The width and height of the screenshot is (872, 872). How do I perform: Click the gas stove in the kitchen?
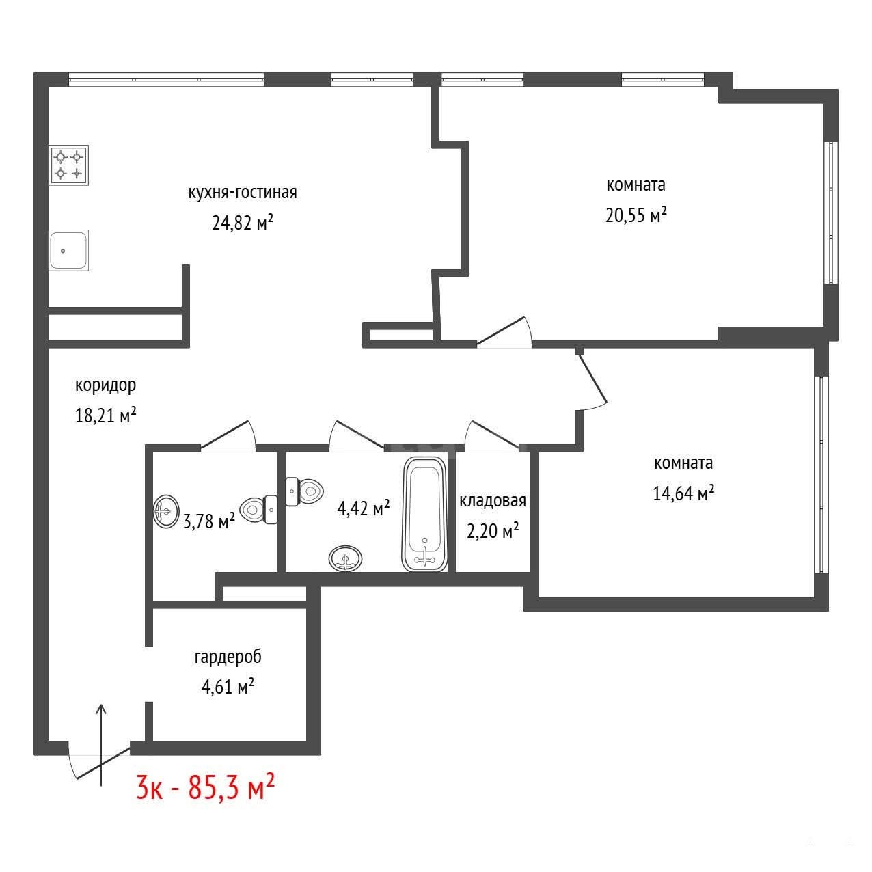click(x=68, y=165)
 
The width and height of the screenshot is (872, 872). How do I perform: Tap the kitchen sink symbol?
click(x=68, y=250)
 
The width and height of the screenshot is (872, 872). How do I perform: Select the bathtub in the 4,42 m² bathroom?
click(x=424, y=514)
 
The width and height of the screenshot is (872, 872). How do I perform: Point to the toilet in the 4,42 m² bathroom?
click(x=304, y=491)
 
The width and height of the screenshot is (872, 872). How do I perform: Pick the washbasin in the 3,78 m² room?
click(x=166, y=511)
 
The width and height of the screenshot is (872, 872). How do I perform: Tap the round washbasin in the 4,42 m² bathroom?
click(x=346, y=558)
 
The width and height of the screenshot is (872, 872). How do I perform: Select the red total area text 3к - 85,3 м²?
click(x=206, y=787)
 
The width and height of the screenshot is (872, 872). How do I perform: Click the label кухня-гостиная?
click(x=243, y=192)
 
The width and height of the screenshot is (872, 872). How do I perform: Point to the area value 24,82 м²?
click(x=243, y=222)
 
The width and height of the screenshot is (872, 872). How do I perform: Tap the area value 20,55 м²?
click(x=636, y=215)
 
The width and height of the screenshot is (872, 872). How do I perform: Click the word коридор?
click(x=105, y=385)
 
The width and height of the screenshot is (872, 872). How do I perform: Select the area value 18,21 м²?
click(x=106, y=415)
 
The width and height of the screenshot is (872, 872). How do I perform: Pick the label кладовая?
click(x=493, y=501)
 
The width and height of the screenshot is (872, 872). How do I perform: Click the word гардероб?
click(x=228, y=657)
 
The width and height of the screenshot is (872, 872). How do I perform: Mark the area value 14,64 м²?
click(x=683, y=493)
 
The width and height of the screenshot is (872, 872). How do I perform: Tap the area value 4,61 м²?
click(x=228, y=687)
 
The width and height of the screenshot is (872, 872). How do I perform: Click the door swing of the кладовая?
click(x=492, y=436)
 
